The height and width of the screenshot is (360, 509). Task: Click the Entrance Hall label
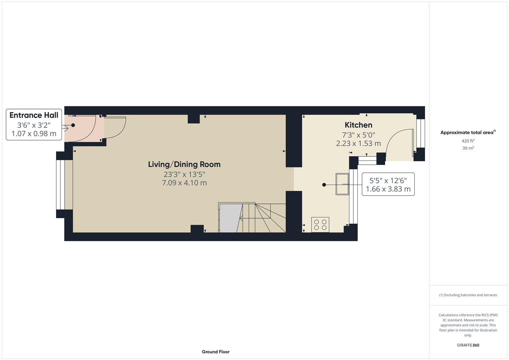(x=34, y=115)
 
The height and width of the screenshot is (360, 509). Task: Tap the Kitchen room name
(x=358, y=125)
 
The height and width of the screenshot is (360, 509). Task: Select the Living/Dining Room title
(x=184, y=164)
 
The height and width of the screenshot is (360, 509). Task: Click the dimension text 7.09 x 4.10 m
(x=184, y=183)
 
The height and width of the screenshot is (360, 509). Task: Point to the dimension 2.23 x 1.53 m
(x=358, y=143)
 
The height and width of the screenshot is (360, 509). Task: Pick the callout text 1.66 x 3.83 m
(x=388, y=189)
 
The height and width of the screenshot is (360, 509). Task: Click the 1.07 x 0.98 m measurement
(x=34, y=134)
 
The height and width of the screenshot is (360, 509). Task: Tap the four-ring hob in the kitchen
(x=320, y=225)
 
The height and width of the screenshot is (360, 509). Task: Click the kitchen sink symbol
(x=342, y=184)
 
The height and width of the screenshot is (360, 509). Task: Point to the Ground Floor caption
(x=216, y=352)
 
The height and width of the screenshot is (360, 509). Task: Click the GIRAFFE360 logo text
(x=468, y=345)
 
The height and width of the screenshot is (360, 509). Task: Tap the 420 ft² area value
(x=468, y=141)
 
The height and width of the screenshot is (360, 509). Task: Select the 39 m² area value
(x=468, y=148)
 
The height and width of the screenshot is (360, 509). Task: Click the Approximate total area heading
(x=468, y=133)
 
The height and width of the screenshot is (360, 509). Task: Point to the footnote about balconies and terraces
(x=468, y=295)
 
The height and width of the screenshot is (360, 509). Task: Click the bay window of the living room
(x=60, y=185)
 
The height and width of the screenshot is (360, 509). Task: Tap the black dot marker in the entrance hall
(x=73, y=125)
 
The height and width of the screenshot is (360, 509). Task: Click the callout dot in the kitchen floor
(x=324, y=185)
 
